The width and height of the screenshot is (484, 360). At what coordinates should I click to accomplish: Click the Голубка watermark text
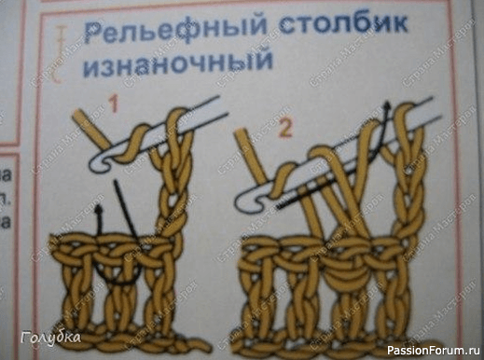[x=50, y=338]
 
